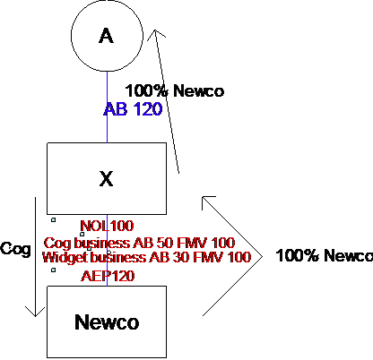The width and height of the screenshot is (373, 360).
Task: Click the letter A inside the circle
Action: tap(106, 36)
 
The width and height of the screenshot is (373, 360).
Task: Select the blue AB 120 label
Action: tap(133, 109)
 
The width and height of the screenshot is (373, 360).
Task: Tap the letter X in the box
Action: tap(107, 179)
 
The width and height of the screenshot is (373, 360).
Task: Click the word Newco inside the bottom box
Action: tap(107, 322)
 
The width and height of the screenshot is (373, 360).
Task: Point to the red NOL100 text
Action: tap(107, 226)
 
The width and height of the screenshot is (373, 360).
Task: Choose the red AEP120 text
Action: tap(108, 276)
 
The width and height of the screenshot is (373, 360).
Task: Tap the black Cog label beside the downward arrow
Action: tap(15, 249)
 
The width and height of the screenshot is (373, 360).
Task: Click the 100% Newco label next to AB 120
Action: tap(175, 90)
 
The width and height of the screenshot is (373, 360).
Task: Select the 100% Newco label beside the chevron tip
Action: tap(325, 255)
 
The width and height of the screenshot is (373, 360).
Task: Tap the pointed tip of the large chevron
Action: tap(262, 256)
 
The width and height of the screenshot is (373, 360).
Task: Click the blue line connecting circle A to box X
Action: tap(108, 107)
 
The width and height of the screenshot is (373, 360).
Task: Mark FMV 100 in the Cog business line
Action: tap(206, 243)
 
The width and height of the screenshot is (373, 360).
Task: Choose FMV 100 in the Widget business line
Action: tap(222, 257)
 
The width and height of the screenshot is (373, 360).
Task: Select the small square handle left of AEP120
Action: tap(53, 270)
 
